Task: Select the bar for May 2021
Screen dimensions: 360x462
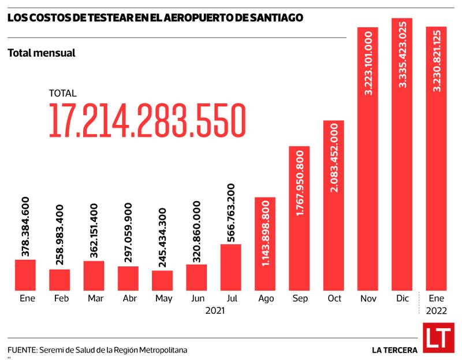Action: tap(162, 280)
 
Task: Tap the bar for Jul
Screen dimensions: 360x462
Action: tap(230, 266)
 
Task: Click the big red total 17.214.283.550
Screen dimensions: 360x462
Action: tap(147, 121)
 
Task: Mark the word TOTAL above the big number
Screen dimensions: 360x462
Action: tap(62, 93)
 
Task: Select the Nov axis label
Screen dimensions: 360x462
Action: tap(367, 299)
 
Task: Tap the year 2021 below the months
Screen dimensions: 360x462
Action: tap(215, 311)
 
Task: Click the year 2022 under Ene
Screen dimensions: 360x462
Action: tap(436, 311)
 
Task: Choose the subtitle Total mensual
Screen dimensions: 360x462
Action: tap(42, 53)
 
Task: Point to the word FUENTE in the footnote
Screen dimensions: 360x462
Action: tap(21, 350)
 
